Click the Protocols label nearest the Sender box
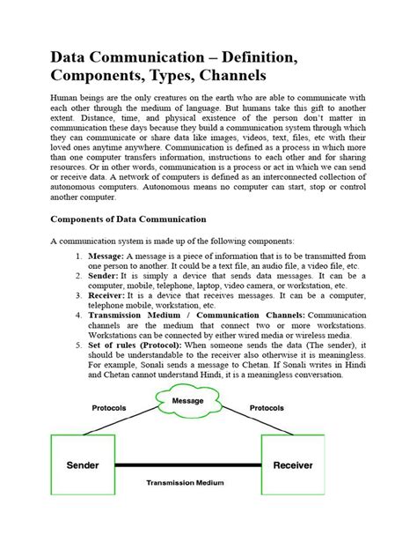tap(111, 408)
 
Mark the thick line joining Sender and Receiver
tap(187, 465)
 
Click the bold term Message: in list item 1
tap(110, 254)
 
